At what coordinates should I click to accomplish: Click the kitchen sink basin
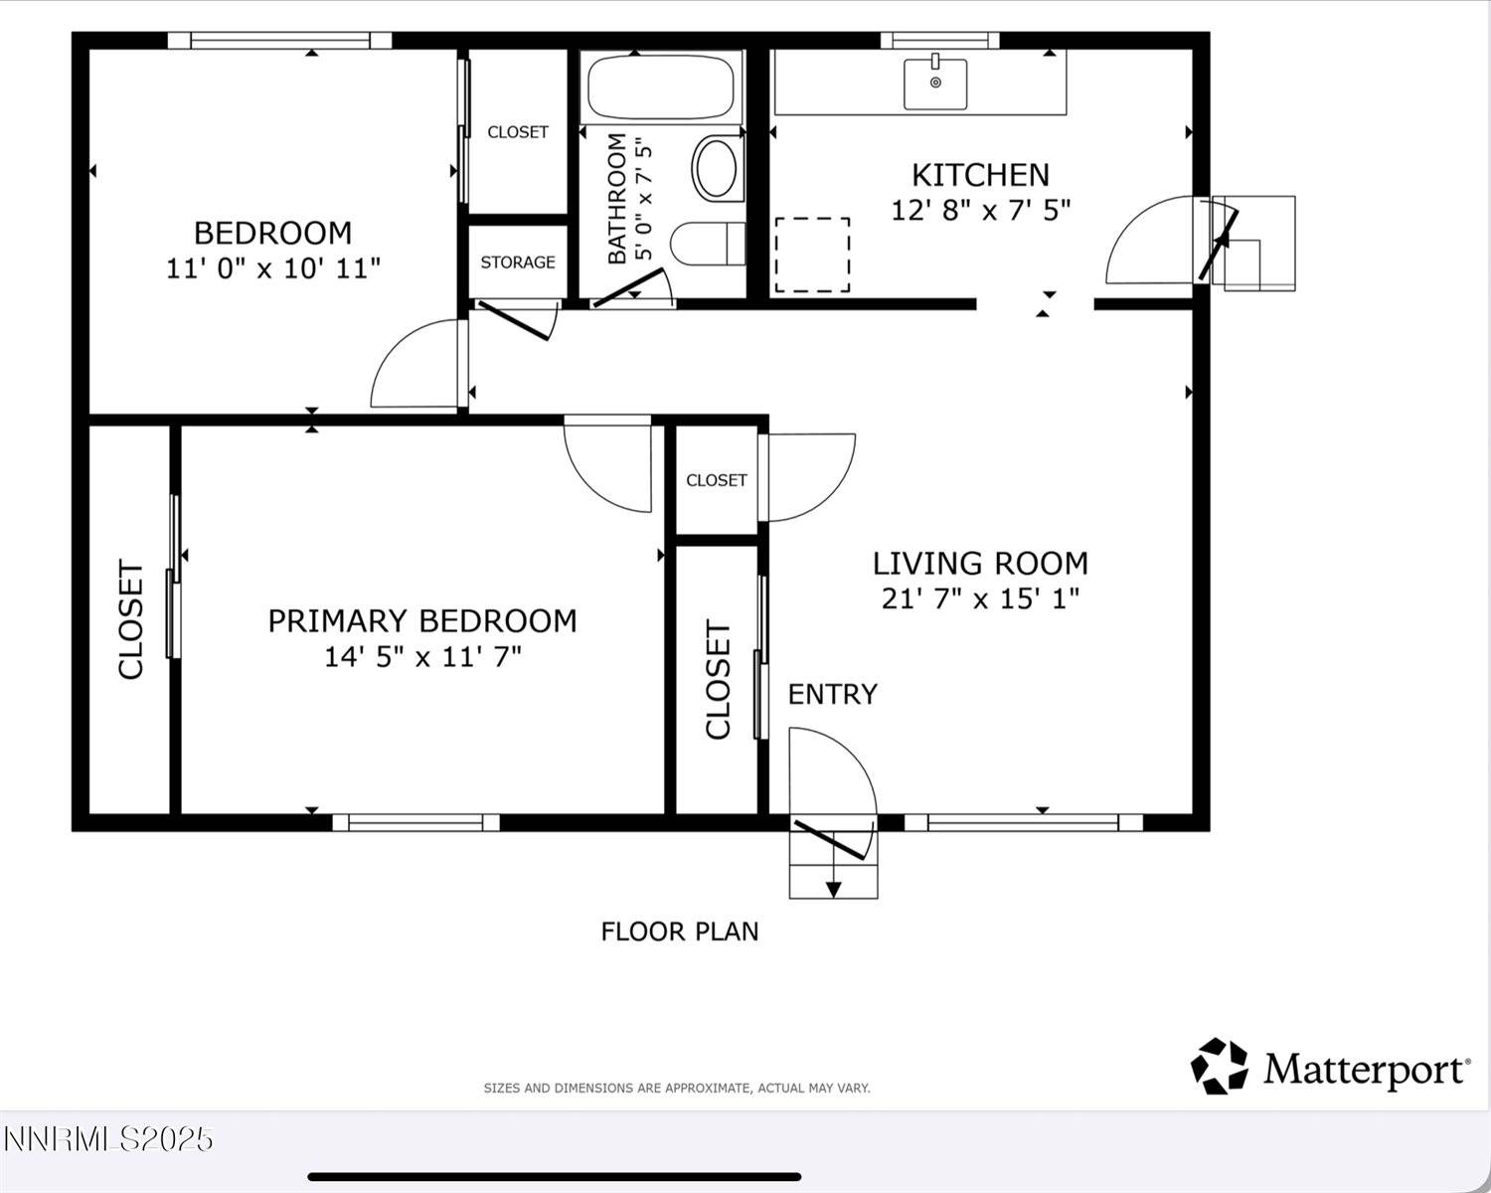[934, 85]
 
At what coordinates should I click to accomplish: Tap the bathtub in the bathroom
[661, 88]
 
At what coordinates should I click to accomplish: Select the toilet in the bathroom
[708, 244]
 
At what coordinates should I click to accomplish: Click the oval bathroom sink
[716, 168]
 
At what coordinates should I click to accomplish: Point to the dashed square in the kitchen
[812, 255]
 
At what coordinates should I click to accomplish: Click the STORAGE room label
[518, 262]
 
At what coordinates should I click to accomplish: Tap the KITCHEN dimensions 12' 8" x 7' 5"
[980, 211]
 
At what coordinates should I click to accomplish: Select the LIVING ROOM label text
[980, 564]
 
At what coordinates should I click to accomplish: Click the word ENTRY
[832, 694]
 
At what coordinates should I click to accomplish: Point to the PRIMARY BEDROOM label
[422, 621]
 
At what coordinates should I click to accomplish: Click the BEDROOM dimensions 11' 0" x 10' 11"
[273, 268]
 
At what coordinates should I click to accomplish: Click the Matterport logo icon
[1219, 1066]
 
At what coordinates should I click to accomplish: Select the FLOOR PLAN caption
[680, 932]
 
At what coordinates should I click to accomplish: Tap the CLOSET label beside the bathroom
[518, 132]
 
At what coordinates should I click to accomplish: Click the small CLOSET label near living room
[716, 480]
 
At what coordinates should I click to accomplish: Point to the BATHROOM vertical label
[617, 199]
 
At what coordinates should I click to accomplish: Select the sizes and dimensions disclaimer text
[676, 1089]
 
